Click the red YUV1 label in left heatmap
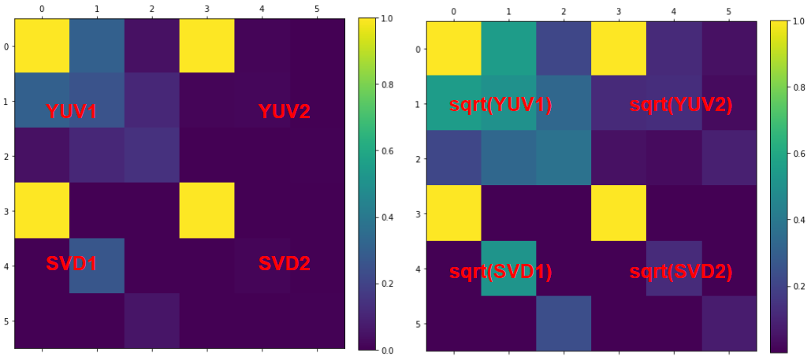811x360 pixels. coord(72,112)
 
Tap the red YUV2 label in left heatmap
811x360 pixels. coord(285,112)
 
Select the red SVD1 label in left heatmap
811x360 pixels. coord(72,265)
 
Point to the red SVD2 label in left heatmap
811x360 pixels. coord(285,265)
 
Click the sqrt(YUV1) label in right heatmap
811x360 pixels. coord(500,105)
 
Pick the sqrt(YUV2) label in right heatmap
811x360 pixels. coord(681,105)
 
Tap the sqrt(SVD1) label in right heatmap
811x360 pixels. coord(500,273)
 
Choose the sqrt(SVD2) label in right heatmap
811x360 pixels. coord(681,273)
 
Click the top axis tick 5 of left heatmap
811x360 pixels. coord(317,8)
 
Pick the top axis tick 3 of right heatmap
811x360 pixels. coord(618,12)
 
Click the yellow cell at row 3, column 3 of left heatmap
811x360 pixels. coord(206,210)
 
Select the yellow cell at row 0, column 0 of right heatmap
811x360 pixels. coord(454,49)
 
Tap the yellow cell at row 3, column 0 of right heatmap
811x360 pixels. coord(454,213)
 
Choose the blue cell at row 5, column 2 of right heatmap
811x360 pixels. coord(564,323)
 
